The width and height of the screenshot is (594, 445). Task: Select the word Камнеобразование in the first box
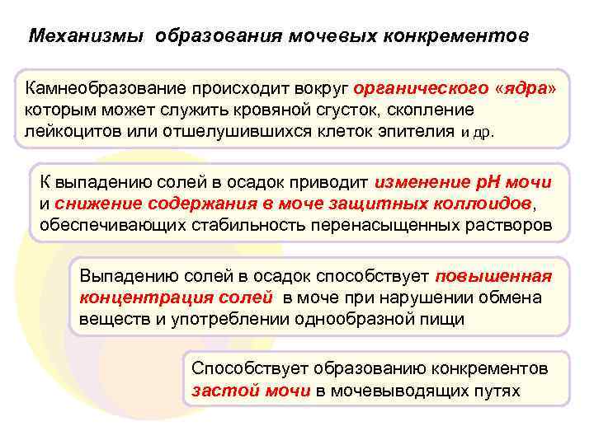pyautogui.click(x=103, y=88)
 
